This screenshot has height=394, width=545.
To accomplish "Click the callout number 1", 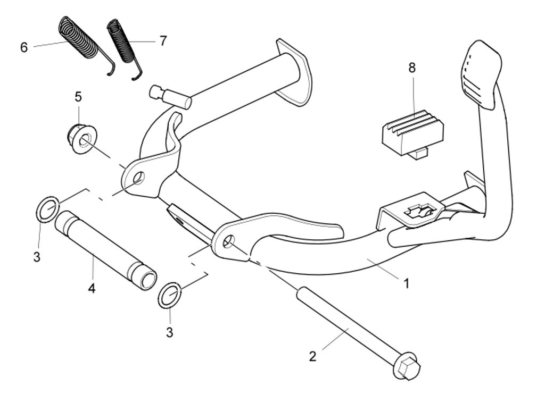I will pos(407,283).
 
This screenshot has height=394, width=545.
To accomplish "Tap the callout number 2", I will pos(312,356).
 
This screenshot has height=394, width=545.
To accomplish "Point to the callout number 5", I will pos(78,97).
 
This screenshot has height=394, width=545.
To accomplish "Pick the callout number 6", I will pos(24,47).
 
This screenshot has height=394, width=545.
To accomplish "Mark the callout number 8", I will pos(412,68).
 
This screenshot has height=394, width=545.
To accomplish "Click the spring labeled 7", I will pos(122,43).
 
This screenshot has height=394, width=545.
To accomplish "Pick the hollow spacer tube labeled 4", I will pos(105,248).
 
